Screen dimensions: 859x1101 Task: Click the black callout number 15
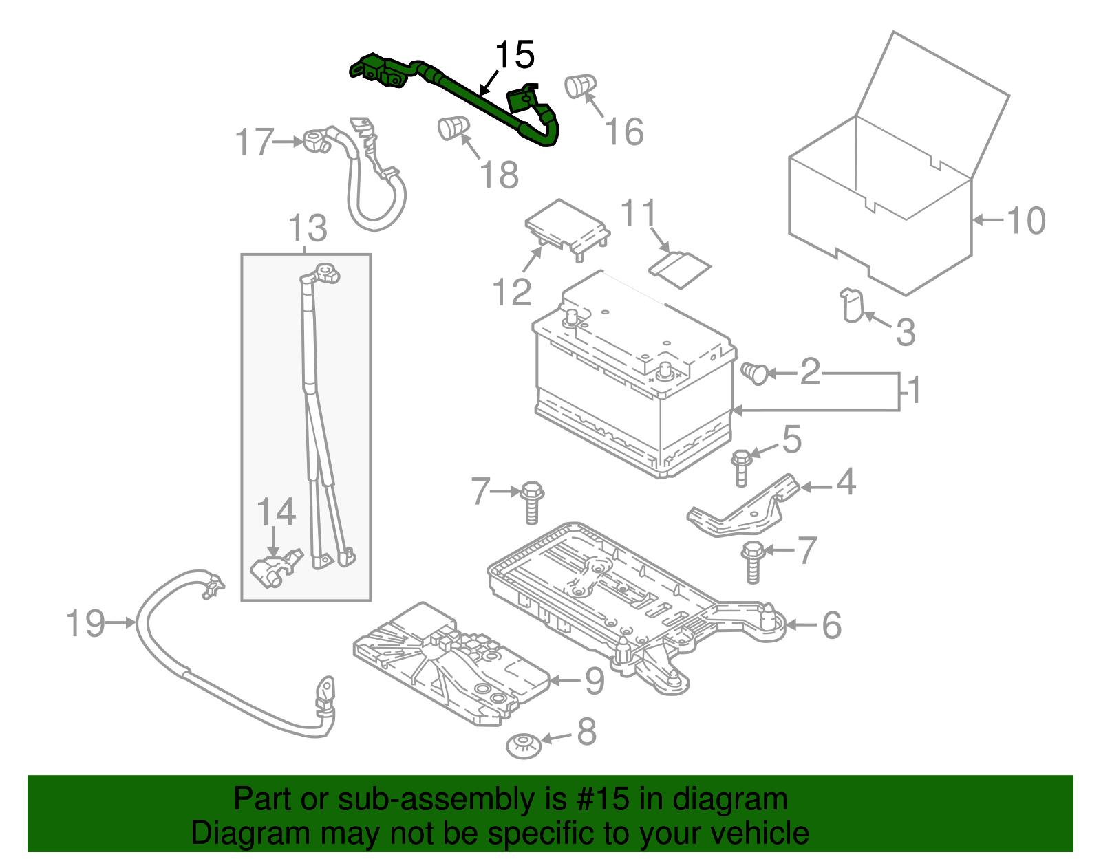(x=515, y=55)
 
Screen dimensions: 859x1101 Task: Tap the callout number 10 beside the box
(x=1026, y=221)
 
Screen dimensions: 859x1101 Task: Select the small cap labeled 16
(x=579, y=85)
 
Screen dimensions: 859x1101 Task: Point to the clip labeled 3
(x=852, y=305)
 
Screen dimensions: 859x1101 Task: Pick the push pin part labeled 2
(x=756, y=373)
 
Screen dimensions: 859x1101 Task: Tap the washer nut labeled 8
(x=523, y=745)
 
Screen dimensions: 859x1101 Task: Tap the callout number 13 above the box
(x=308, y=228)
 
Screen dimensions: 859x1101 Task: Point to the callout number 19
(x=85, y=624)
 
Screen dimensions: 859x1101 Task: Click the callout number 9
(x=595, y=681)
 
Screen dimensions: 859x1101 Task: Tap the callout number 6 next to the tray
(x=832, y=625)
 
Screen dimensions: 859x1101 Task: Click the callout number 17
(x=255, y=142)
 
